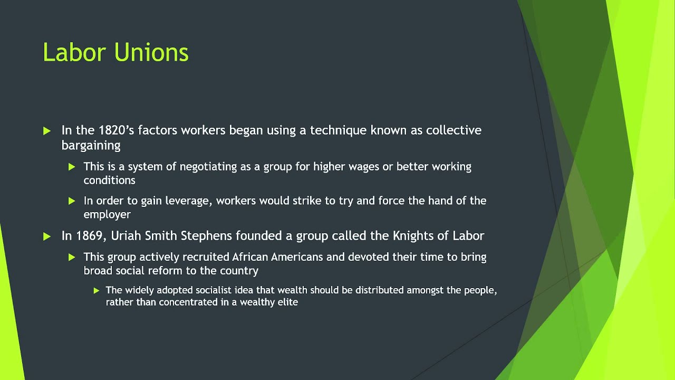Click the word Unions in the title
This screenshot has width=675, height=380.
(x=151, y=53)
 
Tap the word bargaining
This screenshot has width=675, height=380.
(x=91, y=145)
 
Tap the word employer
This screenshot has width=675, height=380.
(x=107, y=214)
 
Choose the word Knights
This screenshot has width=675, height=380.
(x=414, y=236)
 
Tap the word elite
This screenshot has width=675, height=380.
(x=287, y=302)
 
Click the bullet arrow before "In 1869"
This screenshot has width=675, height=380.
(x=47, y=236)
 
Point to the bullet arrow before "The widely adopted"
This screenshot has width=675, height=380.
(x=97, y=290)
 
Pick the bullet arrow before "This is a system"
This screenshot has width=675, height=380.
(x=72, y=167)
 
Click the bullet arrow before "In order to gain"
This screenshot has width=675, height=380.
(x=72, y=201)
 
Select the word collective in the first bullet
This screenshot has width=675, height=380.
(x=454, y=130)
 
